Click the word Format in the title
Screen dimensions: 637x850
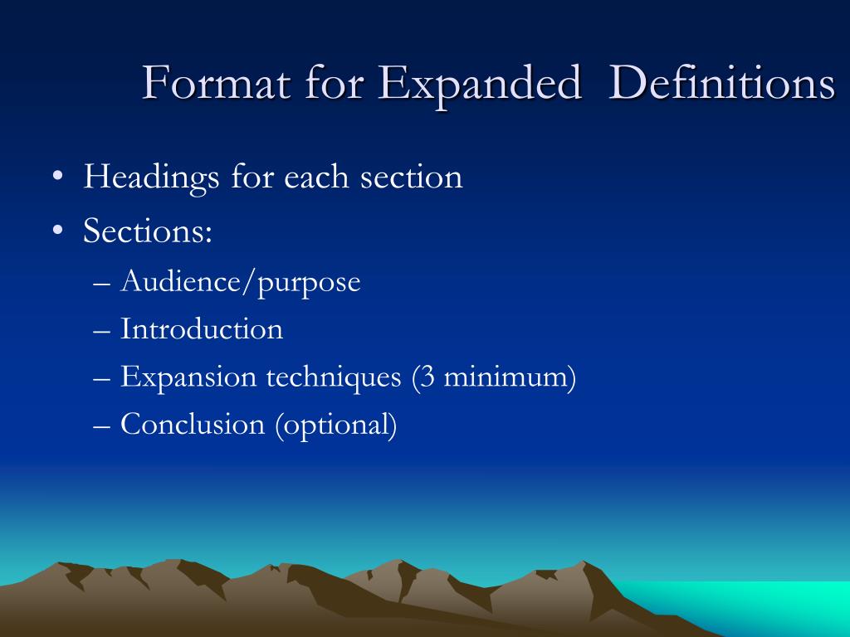pos(212,84)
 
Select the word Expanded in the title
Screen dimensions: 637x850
pos(481,84)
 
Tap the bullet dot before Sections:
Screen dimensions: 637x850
pos(56,231)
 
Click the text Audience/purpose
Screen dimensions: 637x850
pos(241,282)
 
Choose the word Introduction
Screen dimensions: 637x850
pos(202,329)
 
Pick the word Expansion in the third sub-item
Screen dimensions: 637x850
pos(188,377)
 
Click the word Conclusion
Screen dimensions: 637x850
pos(193,425)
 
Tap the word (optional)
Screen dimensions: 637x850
pos(335,425)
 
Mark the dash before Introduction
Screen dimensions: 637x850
pos(103,330)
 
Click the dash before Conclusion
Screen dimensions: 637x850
pos(103,425)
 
